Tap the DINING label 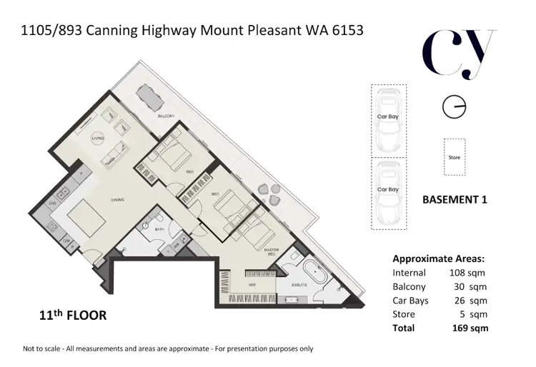click(119, 201)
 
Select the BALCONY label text click(167, 116)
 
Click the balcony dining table click(147, 95)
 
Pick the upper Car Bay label click(387, 116)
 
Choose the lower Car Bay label click(387, 189)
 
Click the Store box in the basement click(454, 157)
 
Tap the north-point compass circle click(454, 108)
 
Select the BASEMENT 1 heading click(455, 200)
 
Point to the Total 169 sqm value click(470, 328)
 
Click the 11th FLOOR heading click(73, 315)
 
